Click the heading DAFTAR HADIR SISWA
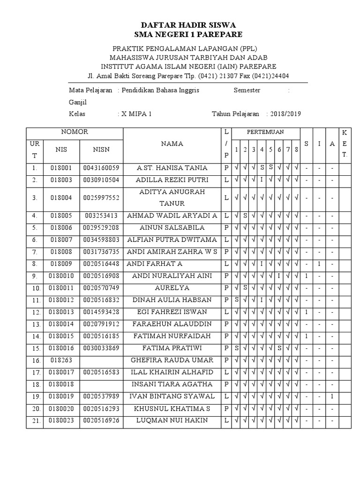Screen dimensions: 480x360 [188, 24]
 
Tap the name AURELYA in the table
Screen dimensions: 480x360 [172, 287]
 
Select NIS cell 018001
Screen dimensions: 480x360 [61, 168]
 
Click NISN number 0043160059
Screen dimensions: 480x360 [101, 168]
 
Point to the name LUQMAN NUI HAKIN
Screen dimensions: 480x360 [172, 420]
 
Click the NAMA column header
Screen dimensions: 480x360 [172, 144]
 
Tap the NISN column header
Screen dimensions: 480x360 [101, 150]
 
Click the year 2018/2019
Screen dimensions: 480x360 [285, 114]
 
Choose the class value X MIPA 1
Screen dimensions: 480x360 [136, 114]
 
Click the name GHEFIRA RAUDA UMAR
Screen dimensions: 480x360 [172, 360]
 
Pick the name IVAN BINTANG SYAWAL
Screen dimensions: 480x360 [172, 396]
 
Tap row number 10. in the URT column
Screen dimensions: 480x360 [35, 288]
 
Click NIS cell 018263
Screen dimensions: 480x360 [61, 360]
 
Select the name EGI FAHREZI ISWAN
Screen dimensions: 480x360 [172, 312]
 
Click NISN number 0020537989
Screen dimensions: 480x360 [101, 396]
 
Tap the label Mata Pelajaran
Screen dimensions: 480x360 [90, 90]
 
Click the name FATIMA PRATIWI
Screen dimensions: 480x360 [172, 348]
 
